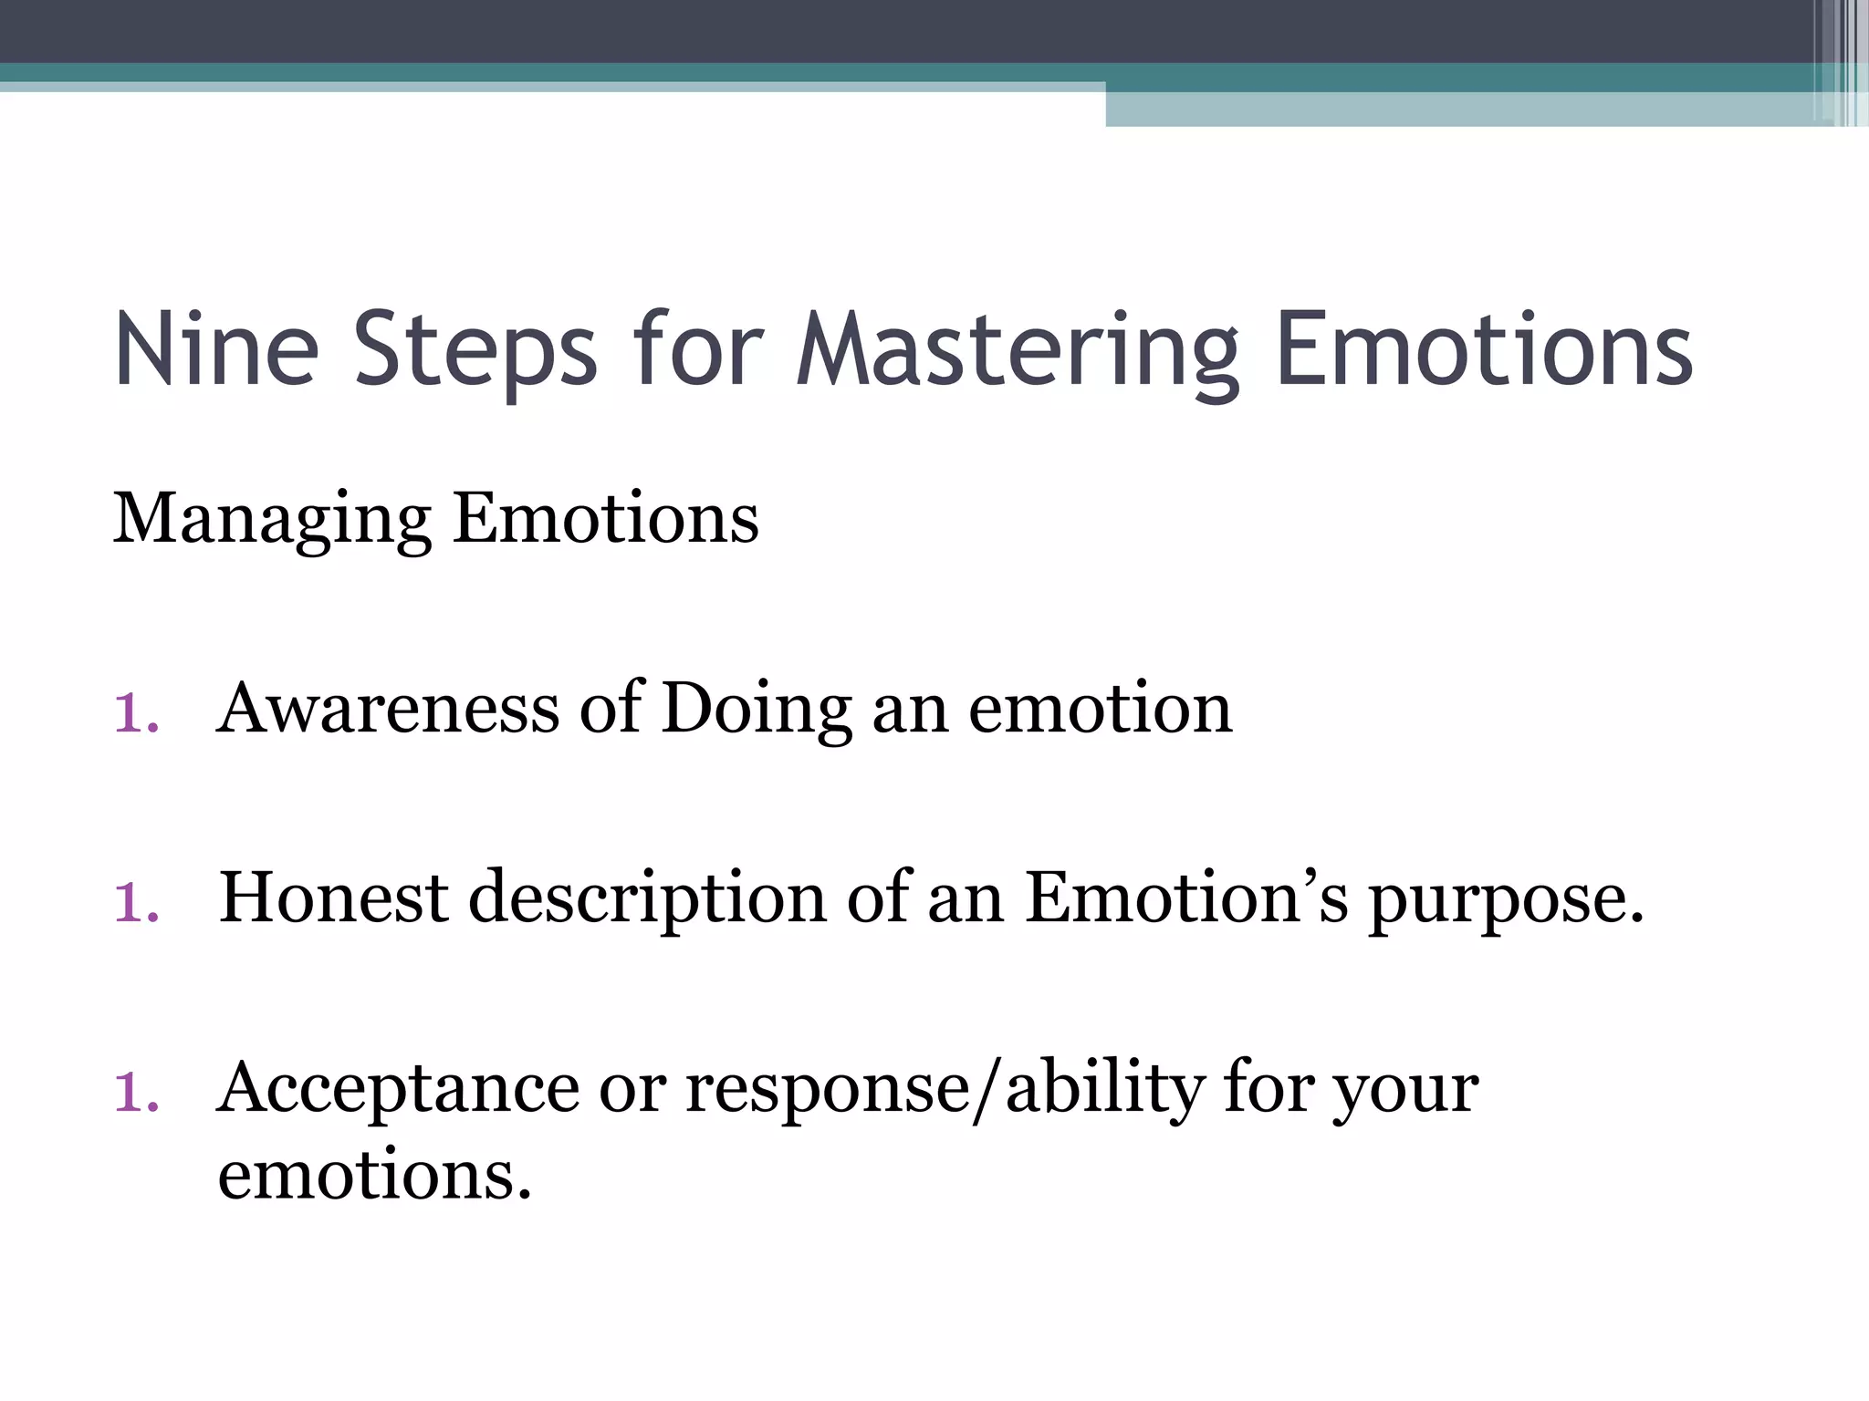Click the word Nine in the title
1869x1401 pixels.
[216, 350]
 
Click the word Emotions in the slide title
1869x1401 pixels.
[1484, 350]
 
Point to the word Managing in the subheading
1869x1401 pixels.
[272, 520]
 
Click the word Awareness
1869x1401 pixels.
[388, 709]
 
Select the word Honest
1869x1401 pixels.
[333, 898]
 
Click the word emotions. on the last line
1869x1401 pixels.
[374, 1176]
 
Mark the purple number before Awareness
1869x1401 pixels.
[136, 712]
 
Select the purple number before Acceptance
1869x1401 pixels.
[136, 1093]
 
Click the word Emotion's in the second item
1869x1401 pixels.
[1186, 898]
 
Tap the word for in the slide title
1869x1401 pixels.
[697, 350]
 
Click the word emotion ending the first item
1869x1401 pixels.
[1100, 711]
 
